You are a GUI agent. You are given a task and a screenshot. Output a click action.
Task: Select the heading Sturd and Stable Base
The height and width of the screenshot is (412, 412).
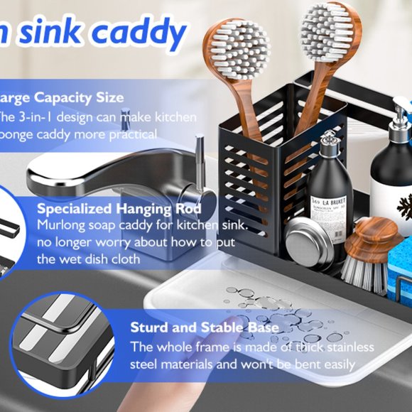[x=204, y=327]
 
